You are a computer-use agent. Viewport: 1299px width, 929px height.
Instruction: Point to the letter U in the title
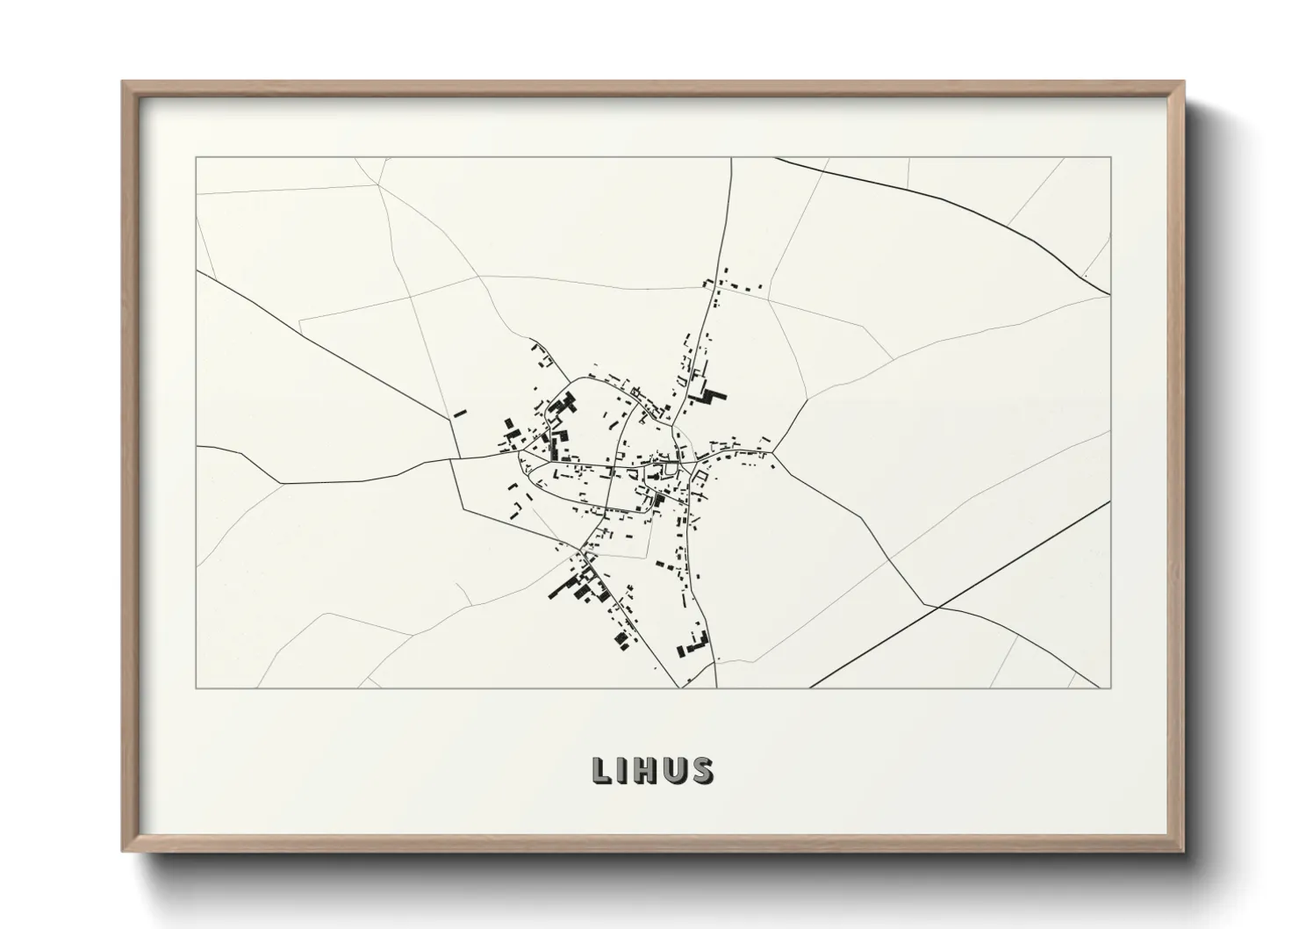(676, 770)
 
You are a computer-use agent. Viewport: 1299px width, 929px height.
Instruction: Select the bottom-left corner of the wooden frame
(123, 851)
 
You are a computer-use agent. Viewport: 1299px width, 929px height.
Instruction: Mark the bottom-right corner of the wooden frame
(1183, 851)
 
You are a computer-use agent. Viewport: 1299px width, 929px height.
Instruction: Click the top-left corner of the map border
(196, 158)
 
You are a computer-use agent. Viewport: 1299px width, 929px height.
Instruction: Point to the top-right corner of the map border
(1111, 158)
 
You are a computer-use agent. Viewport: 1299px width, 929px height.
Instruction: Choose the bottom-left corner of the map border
(196, 688)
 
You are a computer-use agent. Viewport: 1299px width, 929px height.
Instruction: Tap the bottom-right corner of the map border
(1111, 688)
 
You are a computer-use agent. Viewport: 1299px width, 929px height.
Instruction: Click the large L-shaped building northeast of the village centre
(708, 396)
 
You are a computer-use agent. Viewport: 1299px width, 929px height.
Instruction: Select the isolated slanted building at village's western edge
(460, 413)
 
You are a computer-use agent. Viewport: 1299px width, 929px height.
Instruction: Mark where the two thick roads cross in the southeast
(938, 606)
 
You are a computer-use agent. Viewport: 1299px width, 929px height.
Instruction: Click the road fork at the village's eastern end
(772, 452)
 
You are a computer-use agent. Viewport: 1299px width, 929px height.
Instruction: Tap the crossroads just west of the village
(451, 458)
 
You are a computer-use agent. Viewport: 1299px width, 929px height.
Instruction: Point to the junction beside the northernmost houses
(714, 288)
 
